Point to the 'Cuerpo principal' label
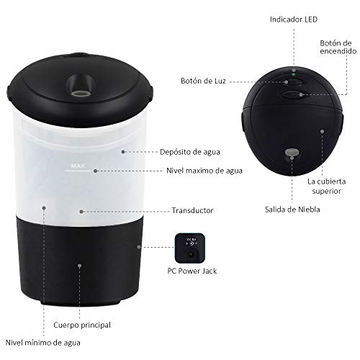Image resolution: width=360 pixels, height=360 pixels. [82, 325]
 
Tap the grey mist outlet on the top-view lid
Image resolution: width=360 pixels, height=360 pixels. [291, 153]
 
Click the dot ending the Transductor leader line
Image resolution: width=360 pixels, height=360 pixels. [82, 212]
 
